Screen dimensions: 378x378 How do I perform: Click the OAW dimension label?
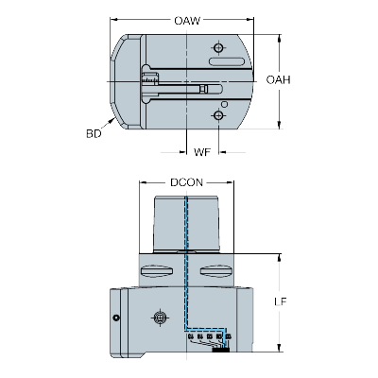click(187, 21)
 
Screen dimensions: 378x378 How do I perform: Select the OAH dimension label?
click(278, 80)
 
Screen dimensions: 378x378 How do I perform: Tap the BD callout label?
click(94, 133)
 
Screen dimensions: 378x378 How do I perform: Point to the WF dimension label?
click(202, 152)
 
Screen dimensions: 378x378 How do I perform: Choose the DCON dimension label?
click(186, 182)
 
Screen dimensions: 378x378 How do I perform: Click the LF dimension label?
click(281, 301)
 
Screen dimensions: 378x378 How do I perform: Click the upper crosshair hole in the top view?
click(218, 48)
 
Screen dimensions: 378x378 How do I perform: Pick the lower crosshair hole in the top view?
click(218, 115)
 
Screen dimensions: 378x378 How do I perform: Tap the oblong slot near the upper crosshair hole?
click(227, 61)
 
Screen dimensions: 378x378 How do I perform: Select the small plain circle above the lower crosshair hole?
click(224, 104)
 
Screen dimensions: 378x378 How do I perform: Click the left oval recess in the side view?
click(157, 270)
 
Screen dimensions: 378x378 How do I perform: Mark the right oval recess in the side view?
click(216, 270)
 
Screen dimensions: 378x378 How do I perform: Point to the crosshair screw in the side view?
click(161, 318)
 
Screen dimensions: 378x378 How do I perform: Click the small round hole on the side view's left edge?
click(116, 318)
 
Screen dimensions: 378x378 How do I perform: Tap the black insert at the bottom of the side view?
click(220, 350)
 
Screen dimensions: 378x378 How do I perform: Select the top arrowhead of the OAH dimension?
click(279, 39)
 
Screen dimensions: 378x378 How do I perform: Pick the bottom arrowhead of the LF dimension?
click(279, 347)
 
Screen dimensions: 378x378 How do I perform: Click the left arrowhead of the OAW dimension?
click(114, 20)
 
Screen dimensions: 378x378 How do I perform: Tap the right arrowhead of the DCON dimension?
click(230, 182)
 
